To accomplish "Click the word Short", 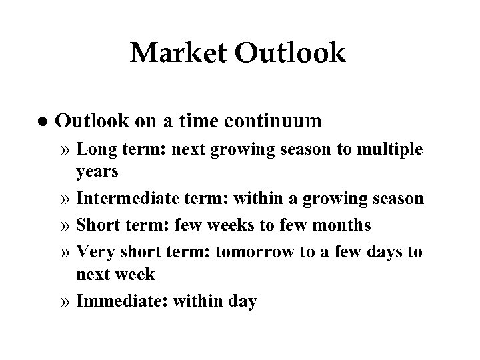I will point(97,225).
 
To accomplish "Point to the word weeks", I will point(233,225).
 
